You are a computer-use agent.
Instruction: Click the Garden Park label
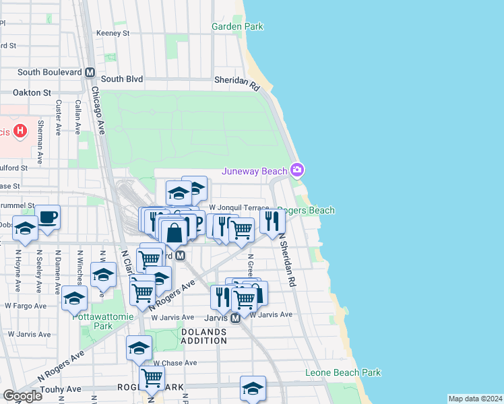pyautogui.click(x=237, y=27)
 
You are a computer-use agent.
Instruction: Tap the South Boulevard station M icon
pyautogui.click(x=90, y=72)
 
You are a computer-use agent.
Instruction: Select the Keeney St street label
pyautogui.click(x=113, y=32)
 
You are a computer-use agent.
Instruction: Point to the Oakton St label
pyautogui.click(x=34, y=92)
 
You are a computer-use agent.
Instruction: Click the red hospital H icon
pyautogui.click(x=20, y=131)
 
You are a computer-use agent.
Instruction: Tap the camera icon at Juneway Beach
pyautogui.click(x=296, y=170)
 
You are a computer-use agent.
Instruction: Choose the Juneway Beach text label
pyautogui.click(x=255, y=172)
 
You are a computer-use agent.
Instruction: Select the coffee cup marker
pyautogui.click(x=48, y=217)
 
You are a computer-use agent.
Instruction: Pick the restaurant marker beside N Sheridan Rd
pyautogui.click(x=272, y=220)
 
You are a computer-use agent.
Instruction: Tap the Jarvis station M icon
pyautogui.click(x=235, y=318)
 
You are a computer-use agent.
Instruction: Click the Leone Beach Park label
pyautogui.click(x=343, y=372)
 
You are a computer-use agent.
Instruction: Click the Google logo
pyautogui.click(x=22, y=396)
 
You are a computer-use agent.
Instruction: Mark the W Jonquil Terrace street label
pyautogui.click(x=239, y=208)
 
